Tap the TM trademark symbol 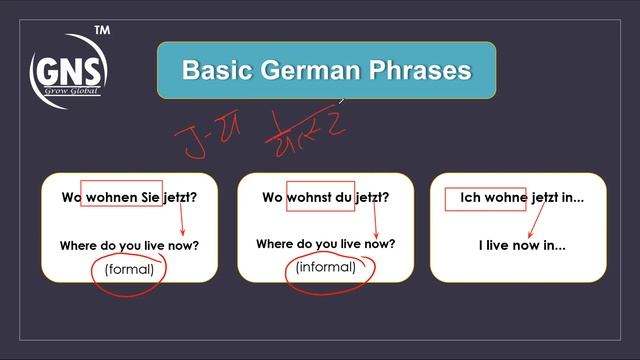[x=101, y=31]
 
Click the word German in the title [x=301, y=70]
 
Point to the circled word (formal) [x=128, y=268]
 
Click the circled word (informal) [x=325, y=267]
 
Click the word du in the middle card [x=345, y=197]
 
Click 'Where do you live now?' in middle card [x=325, y=244]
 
